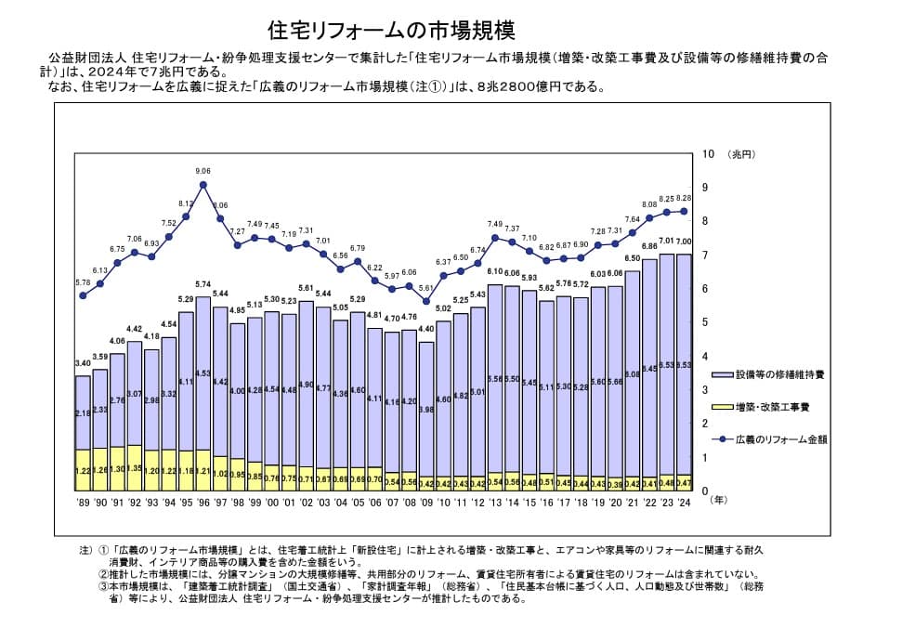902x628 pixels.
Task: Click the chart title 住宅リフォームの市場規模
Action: [x=390, y=28]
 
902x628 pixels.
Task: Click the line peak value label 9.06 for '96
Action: [x=203, y=171]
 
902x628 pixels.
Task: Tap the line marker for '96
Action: [x=203, y=184]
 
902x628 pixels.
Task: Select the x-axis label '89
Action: [x=83, y=501]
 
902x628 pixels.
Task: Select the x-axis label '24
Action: [x=684, y=501]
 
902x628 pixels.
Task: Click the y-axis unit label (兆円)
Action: [x=743, y=154]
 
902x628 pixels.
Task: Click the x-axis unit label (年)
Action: [x=720, y=501]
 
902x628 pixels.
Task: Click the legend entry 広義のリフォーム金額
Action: [x=778, y=438]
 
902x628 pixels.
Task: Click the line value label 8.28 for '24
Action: [x=684, y=198]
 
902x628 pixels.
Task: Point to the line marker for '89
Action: [x=83, y=295]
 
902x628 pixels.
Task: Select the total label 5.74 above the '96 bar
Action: [x=203, y=285]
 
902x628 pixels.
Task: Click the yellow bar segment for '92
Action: [x=135, y=467]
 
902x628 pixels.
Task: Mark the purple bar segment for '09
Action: [x=426, y=409]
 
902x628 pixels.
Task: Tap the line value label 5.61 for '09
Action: [x=426, y=288]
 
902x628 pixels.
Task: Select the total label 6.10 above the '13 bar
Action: [x=495, y=272]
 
